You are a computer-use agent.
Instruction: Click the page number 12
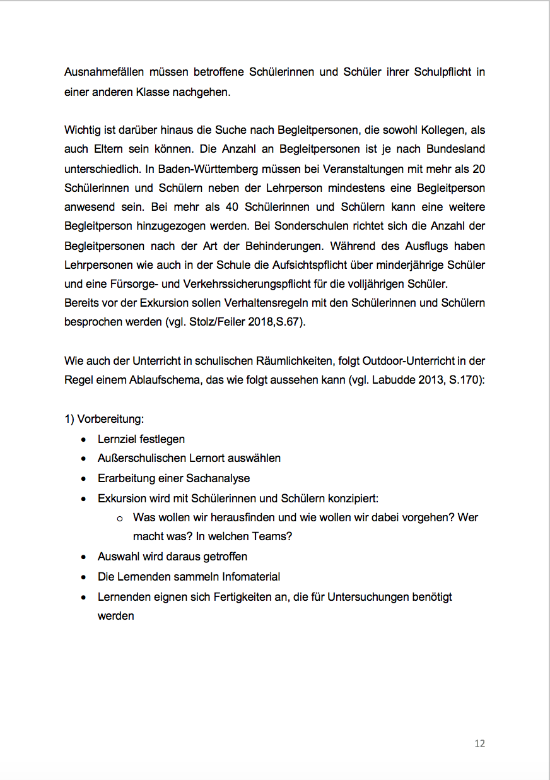[479, 743]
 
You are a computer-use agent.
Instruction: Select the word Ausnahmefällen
[103, 72]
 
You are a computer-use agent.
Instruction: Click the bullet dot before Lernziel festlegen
[84, 439]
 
